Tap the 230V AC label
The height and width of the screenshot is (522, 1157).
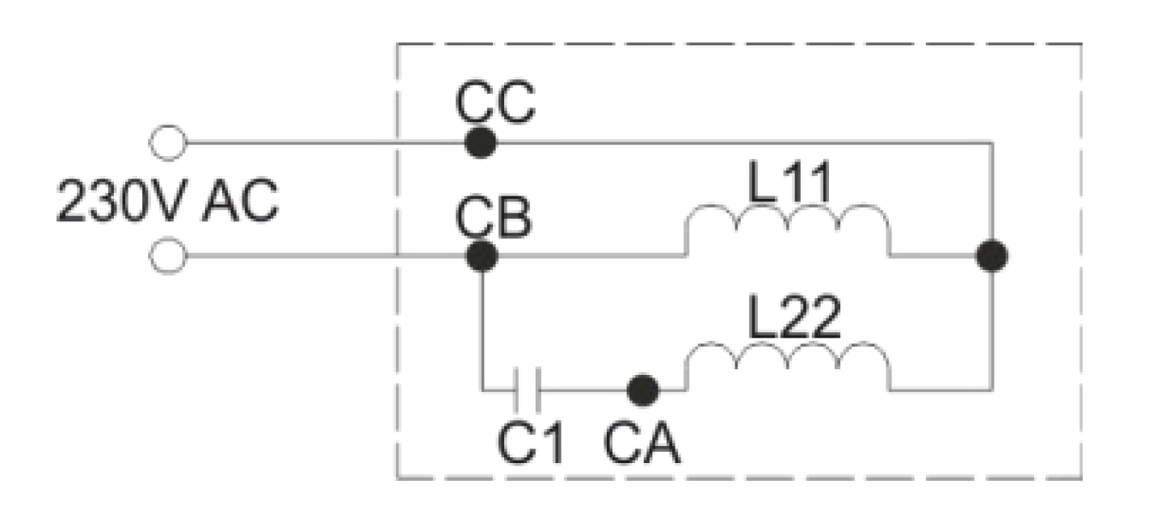pyautogui.click(x=167, y=200)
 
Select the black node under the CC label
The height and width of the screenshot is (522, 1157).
pyautogui.click(x=481, y=142)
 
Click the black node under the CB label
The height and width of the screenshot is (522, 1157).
pyautogui.click(x=482, y=256)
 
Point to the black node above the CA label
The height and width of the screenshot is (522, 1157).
pyautogui.click(x=643, y=389)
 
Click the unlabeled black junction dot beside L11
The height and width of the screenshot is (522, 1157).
pyautogui.click(x=991, y=255)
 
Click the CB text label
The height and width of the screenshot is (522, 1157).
pyautogui.click(x=494, y=217)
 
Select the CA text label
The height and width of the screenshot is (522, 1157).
pyautogui.click(x=642, y=443)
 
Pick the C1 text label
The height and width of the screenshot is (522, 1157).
pyautogui.click(x=531, y=443)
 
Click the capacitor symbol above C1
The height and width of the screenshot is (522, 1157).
pyautogui.click(x=528, y=389)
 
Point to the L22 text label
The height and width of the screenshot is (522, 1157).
pyautogui.click(x=794, y=316)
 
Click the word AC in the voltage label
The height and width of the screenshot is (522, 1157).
pyautogui.click(x=240, y=200)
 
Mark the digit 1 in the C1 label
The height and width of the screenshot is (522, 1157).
pyautogui.click(x=553, y=443)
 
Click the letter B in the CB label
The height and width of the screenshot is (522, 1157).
pyautogui.click(x=514, y=217)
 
